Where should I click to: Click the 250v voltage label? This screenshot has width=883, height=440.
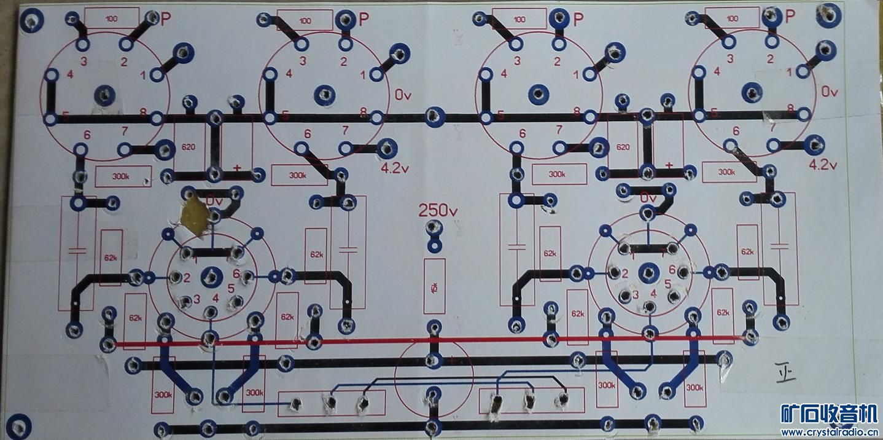pyautogui.click(x=438, y=210)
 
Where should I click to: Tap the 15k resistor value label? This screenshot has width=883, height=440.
pyautogui.click(x=434, y=286)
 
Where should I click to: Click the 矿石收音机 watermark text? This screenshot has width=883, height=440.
pyautogui.click(x=828, y=413)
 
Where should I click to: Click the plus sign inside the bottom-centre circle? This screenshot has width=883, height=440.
pyautogui.click(x=452, y=361)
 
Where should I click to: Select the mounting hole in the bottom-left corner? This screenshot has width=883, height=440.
pyautogui.click(x=19, y=424)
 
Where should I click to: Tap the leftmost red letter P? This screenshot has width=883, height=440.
pyautogui.click(x=166, y=20)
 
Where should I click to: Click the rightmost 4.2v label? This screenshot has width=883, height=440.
pyautogui.click(x=823, y=165)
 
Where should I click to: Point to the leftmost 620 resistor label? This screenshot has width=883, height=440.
pyautogui.click(x=189, y=147)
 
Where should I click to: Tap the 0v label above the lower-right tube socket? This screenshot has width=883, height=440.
pyautogui.click(x=648, y=198)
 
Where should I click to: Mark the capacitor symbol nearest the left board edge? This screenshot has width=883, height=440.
pyautogui.click(x=77, y=250)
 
